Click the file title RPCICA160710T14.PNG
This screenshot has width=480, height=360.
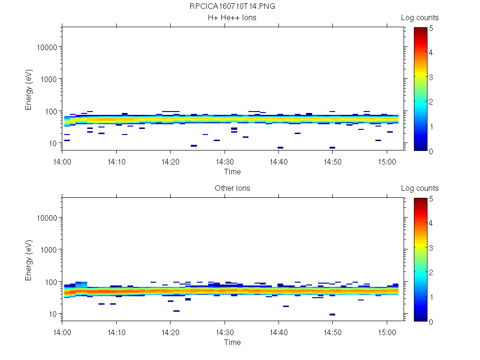pos(232,7)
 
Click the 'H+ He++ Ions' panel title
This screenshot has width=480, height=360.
pos(232,18)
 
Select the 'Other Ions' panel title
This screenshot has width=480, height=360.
pos(232,188)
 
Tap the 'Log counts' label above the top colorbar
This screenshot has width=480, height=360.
pos(420,18)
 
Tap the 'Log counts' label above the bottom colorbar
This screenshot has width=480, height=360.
pos(420,188)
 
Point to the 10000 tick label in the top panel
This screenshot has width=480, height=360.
pos(47,48)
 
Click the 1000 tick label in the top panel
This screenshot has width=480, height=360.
pos(49,79)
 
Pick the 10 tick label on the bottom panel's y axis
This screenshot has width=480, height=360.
pos(52,314)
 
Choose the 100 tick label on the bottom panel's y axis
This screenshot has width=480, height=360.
pos(51,282)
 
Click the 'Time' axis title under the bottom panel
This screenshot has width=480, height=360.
pos(232,343)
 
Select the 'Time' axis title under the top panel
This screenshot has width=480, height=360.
pos(232,172)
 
